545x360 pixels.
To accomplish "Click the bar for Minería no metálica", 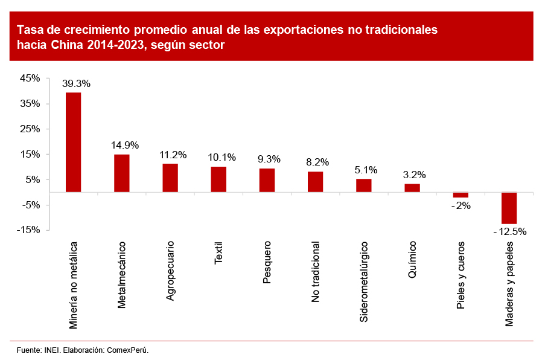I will coord(73,143).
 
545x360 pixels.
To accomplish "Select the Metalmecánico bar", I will coord(121,173).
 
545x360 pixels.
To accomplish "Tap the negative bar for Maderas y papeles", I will coord(509,208).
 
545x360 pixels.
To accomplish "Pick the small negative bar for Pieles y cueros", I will coord(461,195).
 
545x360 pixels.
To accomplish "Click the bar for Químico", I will coord(412,188).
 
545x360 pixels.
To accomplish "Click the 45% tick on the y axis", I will coord(31,78).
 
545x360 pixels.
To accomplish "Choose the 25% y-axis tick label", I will coord(31,129).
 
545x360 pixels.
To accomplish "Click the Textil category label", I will coord(218,253).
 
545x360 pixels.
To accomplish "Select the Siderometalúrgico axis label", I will coord(364,281).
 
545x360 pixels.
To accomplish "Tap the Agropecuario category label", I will coord(170,271).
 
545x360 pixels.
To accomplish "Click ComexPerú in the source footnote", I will coord(127,350).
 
